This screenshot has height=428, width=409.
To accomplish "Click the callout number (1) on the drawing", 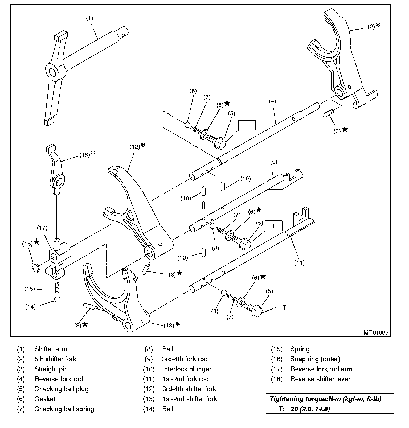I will click(89, 18).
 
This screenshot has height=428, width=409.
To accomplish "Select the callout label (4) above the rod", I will click(272, 101).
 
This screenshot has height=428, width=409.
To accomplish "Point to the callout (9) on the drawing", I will click(273, 162).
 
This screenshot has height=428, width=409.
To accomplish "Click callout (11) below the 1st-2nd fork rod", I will click(299, 263).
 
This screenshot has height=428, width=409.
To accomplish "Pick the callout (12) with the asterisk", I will click(135, 146).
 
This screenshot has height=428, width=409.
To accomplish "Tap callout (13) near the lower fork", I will click(169, 325).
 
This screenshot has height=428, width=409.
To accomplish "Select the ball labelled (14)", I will click(57, 299).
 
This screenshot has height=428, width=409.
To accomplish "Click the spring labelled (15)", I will click(57, 287).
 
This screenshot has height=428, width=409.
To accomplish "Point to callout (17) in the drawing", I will click(42, 228).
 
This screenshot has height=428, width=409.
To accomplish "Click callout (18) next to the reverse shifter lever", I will click(85, 155).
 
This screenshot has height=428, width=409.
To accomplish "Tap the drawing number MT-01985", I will click(376, 332).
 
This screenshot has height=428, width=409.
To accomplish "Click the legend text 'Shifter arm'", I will click(51, 349).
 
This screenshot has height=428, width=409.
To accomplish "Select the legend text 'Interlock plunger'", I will click(187, 369).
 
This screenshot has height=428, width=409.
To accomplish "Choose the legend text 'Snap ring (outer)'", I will click(315, 359).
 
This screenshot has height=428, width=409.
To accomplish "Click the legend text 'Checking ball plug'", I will click(61, 389).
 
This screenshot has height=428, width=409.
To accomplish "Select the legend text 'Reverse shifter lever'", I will click(320, 379).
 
